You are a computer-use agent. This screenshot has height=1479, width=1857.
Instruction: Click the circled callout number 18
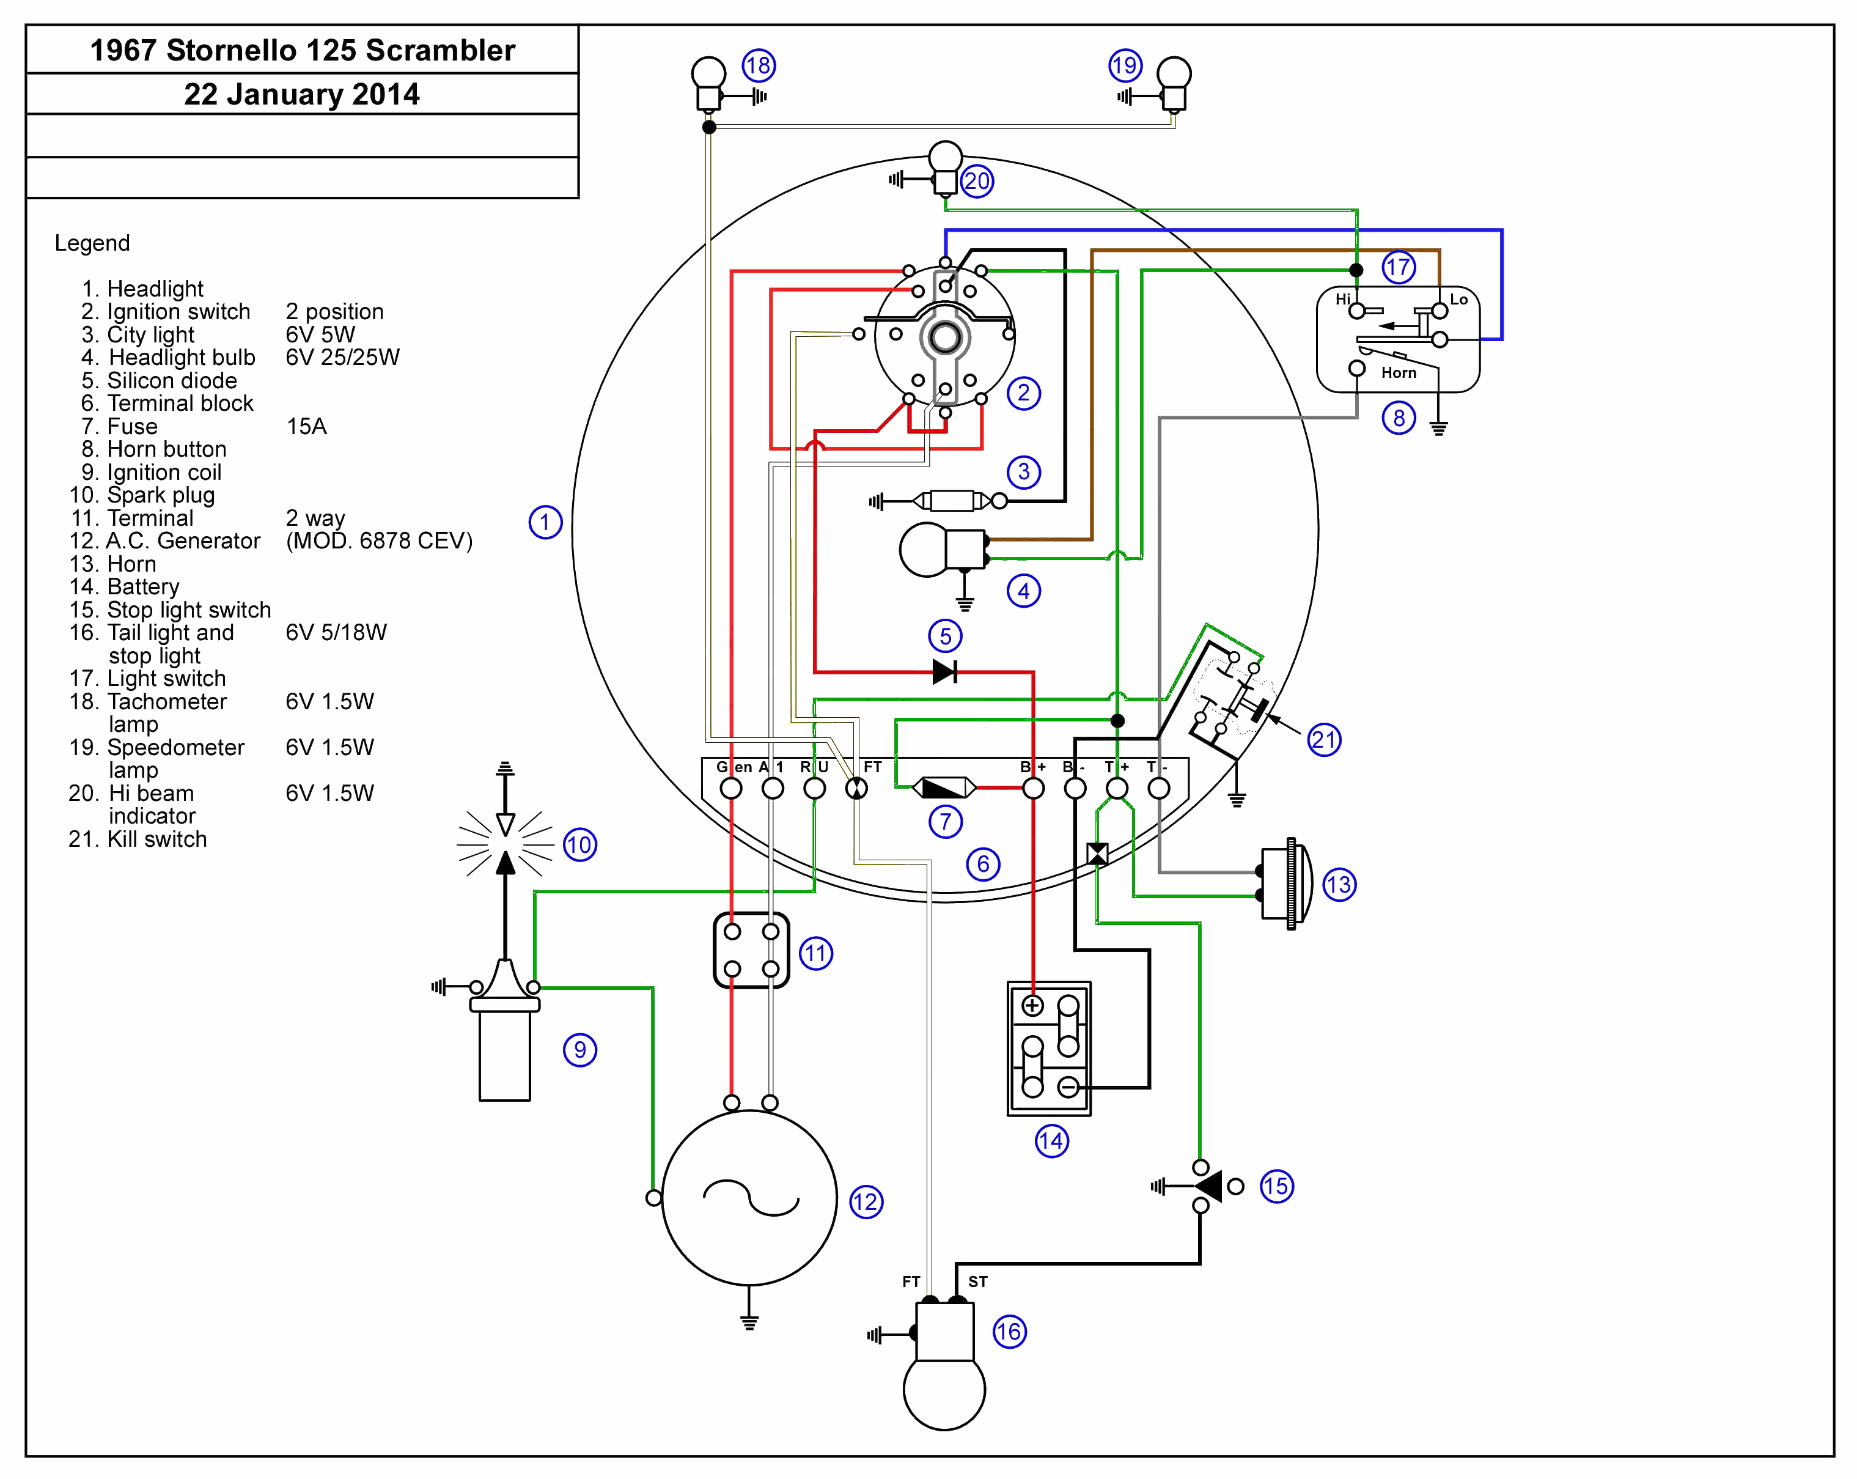click(x=759, y=65)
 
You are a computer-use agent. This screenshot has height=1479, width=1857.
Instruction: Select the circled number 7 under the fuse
click(x=945, y=821)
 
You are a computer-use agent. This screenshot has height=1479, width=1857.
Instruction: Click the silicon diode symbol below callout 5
click(x=945, y=672)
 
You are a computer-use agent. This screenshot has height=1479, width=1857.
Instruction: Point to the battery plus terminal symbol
click(x=1033, y=1005)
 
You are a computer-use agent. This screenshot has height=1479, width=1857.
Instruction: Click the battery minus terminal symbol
click(x=1068, y=1087)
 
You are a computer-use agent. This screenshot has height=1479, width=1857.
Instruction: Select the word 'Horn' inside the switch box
click(x=1399, y=372)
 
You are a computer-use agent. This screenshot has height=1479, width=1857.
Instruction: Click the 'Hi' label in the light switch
click(x=1343, y=299)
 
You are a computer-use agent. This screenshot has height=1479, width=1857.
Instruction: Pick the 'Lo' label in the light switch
click(x=1458, y=299)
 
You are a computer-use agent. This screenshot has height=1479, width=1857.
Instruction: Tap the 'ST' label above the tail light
click(x=977, y=1282)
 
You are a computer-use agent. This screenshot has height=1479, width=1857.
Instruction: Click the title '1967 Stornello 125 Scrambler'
click(x=303, y=50)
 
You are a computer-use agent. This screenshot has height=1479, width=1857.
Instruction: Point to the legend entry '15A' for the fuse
click(x=307, y=426)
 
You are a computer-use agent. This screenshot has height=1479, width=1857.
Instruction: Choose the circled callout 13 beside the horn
click(x=1339, y=885)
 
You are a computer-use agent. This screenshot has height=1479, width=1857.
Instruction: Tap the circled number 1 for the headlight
click(x=545, y=522)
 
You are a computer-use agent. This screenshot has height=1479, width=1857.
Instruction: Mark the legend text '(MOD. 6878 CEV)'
click(x=379, y=541)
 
